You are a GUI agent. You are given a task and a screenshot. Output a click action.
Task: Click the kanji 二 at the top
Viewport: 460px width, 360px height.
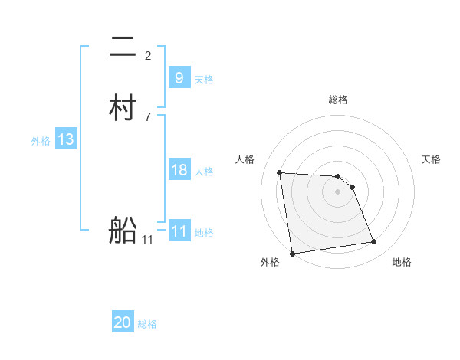(x=123, y=47)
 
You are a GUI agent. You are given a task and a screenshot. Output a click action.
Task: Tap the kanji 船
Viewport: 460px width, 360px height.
(x=123, y=229)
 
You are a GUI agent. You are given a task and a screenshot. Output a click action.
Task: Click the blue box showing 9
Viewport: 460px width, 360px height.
(x=179, y=78)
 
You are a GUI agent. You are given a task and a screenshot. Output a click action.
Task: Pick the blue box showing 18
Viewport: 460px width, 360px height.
(x=179, y=170)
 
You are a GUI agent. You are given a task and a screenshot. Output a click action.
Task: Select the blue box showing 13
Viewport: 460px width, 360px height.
(x=65, y=139)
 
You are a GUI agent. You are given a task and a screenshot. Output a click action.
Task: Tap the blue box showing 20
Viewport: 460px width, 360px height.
(x=123, y=323)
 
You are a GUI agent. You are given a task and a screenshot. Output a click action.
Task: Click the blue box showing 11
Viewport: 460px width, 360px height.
(x=179, y=231)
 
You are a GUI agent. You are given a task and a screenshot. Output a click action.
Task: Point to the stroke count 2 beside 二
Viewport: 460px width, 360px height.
(x=148, y=55)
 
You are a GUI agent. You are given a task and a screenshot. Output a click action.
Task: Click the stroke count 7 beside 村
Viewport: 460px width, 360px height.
(x=148, y=116)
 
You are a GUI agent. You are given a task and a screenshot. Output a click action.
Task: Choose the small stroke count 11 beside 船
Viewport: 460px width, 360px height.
(x=148, y=240)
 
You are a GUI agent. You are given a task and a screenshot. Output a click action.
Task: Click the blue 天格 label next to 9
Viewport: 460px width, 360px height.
(x=204, y=79)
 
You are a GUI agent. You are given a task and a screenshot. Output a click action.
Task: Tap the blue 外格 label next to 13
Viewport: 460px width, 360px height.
(x=41, y=140)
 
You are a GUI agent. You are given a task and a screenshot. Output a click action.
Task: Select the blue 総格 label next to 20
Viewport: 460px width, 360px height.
(x=148, y=324)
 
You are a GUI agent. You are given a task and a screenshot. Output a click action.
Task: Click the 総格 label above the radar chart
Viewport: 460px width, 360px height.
(x=338, y=100)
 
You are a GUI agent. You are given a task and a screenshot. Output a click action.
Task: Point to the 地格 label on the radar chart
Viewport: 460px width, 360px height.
(x=402, y=262)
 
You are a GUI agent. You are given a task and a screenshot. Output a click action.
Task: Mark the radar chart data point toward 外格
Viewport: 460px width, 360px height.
(x=292, y=253)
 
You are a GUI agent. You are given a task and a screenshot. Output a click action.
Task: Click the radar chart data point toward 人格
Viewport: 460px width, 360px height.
(x=280, y=172)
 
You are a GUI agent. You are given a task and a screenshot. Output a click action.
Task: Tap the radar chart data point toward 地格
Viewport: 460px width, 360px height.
(x=374, y=242)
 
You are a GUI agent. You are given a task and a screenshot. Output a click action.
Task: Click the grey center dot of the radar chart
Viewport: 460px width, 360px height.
(x=338, y=191)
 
